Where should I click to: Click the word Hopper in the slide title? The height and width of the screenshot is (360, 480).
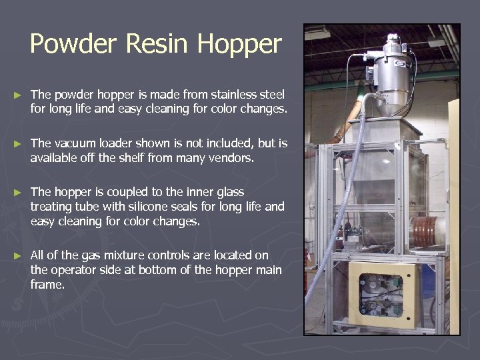click(x=239, y=44)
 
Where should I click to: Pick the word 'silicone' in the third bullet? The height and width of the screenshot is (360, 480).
click(x=151, y=207)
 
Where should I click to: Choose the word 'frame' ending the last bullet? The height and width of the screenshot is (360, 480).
click(x=46, y=285)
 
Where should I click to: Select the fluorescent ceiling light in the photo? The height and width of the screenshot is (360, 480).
click(x=317, y=33)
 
